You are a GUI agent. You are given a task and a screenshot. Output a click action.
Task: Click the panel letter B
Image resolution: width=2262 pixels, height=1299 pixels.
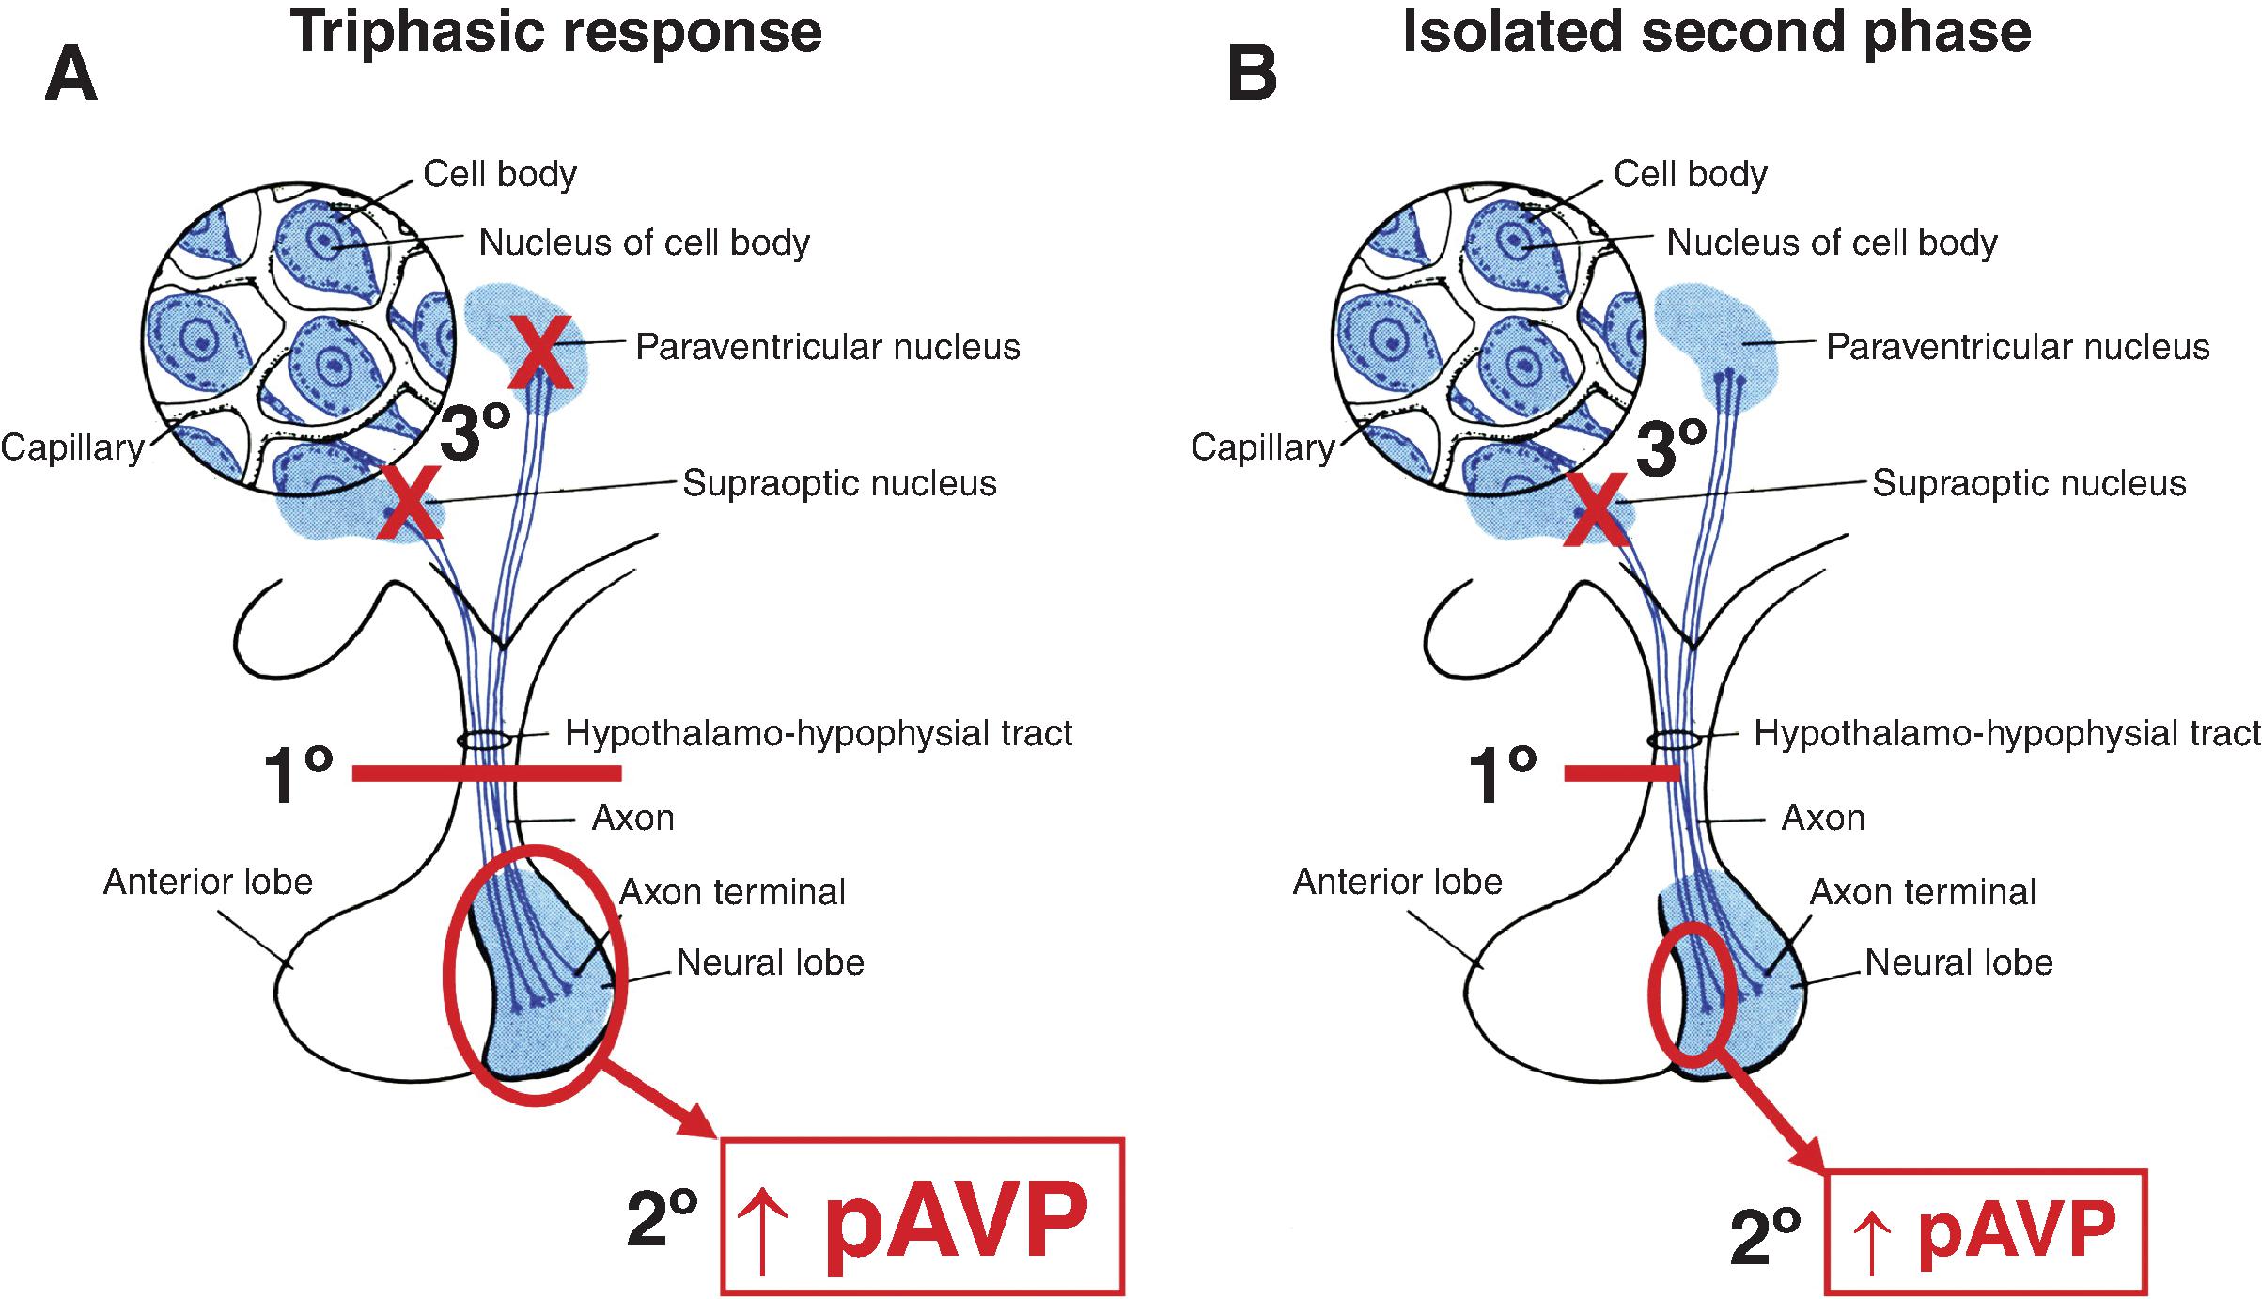(x=1252, y=75)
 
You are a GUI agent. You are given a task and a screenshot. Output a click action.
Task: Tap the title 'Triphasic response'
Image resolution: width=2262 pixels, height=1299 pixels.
(x=555, y=33)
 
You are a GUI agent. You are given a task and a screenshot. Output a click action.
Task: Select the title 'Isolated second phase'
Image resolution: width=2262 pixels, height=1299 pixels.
(x=1716, y=33)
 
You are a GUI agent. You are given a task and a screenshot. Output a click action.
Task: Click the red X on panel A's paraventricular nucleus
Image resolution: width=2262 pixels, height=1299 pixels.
(x=541, y=353)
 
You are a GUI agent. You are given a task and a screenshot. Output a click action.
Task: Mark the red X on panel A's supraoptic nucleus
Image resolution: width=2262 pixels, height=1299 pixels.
(x=410, y=504)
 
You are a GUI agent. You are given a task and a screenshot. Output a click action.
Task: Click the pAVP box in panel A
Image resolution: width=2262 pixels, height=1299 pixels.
(x=921, y=1215)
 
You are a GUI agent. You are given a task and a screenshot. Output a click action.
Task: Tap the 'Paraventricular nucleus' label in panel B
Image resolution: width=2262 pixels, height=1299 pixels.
(x=2017, y=347)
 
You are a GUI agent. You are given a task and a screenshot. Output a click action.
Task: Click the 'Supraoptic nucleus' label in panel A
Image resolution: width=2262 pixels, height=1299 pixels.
(x=838, y=483)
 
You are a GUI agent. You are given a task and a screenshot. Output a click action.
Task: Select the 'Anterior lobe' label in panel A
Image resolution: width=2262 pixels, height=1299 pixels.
(x=208, y=882)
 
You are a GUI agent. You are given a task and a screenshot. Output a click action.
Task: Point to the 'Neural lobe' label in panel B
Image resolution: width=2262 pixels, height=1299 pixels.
(x=1958, y=963)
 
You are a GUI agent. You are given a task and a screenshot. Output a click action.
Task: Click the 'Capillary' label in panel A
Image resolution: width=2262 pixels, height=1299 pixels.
(x=71, y=447)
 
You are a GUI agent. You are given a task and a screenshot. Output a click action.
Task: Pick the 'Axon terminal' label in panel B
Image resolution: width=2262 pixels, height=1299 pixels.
(x=1923, y=892)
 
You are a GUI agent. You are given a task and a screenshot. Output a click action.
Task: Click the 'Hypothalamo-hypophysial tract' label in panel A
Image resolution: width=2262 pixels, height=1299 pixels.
(x=819, y=733)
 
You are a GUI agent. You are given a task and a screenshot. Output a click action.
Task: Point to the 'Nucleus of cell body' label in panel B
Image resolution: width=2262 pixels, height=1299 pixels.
(x=1832, y=243)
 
